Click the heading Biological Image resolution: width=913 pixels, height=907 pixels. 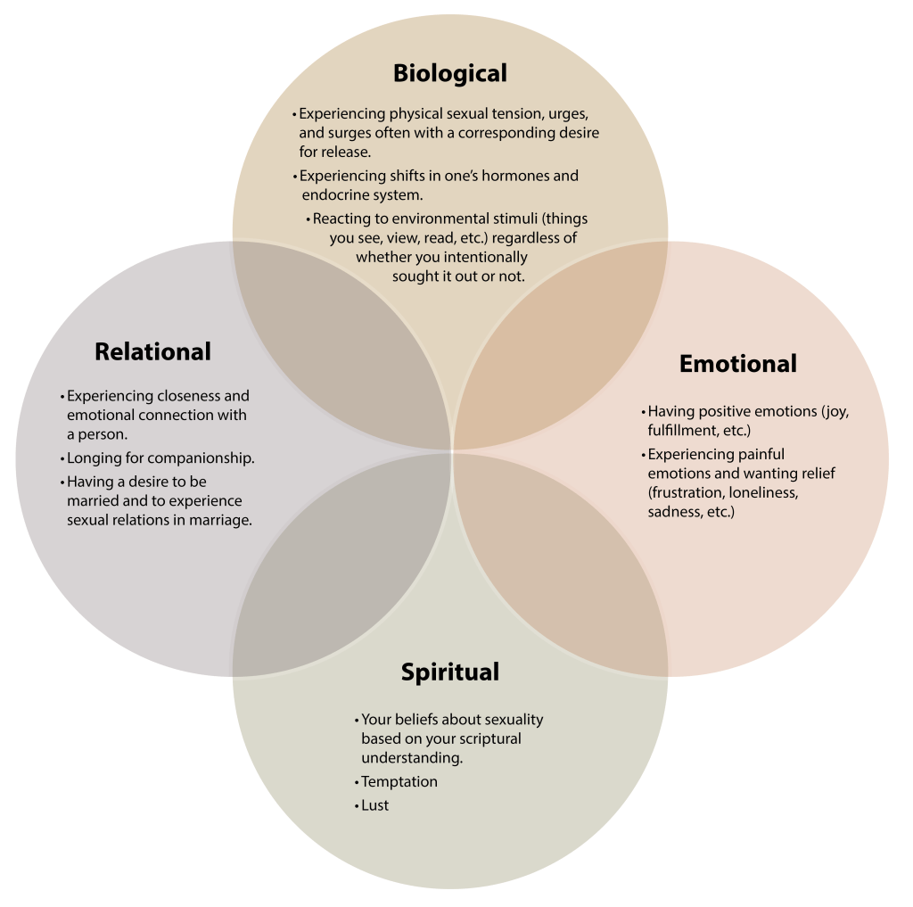point(449,72)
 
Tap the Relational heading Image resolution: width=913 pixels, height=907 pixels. point(152,351)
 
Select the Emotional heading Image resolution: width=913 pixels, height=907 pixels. point(737,364)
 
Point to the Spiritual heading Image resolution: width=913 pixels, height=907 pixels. point(449,672)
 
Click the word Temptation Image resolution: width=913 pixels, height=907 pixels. point(399,781)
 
